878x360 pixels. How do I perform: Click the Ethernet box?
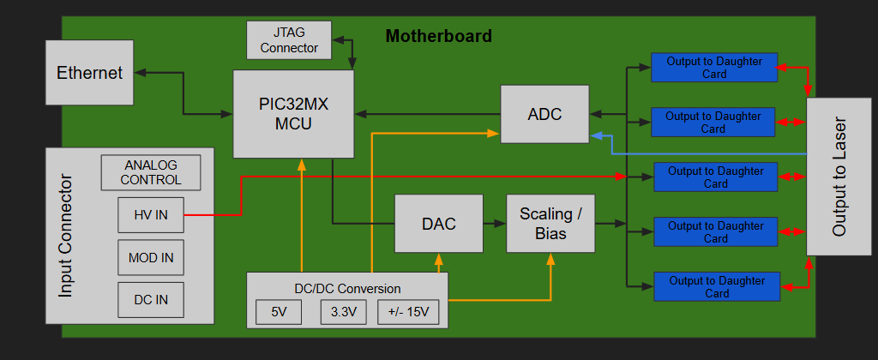pos(90,74)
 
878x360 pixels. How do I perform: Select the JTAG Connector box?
pos(289,40)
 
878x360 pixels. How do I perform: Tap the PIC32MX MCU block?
pos(293,114)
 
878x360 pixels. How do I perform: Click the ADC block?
pos(544,113)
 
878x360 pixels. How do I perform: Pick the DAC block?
pos(438,224)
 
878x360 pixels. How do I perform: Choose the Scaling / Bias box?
pos(550,224)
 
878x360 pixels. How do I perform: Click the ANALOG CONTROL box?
pos(151,172)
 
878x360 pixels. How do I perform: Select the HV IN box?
pos(150,215)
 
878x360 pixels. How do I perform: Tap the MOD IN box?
pos(150,257)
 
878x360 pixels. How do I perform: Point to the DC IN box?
pos(150,299)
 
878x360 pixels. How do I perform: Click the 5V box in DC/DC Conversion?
pos(279,312)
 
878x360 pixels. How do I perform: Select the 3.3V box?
pos(343,312)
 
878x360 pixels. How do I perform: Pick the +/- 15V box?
pos(409,312)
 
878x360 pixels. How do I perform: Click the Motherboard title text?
pos(438,36)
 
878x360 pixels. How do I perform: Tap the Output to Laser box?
pos(839,176)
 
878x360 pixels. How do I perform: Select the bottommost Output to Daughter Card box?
pos(717,286)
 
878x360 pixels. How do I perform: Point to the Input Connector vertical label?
pos(66,237)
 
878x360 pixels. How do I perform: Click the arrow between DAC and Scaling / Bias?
pos(494,224)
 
